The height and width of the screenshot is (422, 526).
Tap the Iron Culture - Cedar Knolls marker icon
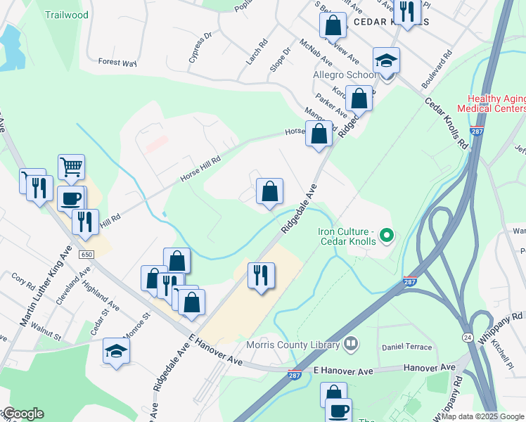[x=385, y=236]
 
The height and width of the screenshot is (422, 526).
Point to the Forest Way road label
[x=117, y=63]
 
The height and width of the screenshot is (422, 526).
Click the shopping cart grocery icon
[x=71, y=167]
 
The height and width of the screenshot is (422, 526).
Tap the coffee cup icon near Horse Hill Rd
[x=71, y=198]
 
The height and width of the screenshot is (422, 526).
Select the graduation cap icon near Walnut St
[x=117, y=350]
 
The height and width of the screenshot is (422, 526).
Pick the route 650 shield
[x=86, y=253]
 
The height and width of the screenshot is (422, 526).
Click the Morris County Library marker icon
[x=351, y=345]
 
